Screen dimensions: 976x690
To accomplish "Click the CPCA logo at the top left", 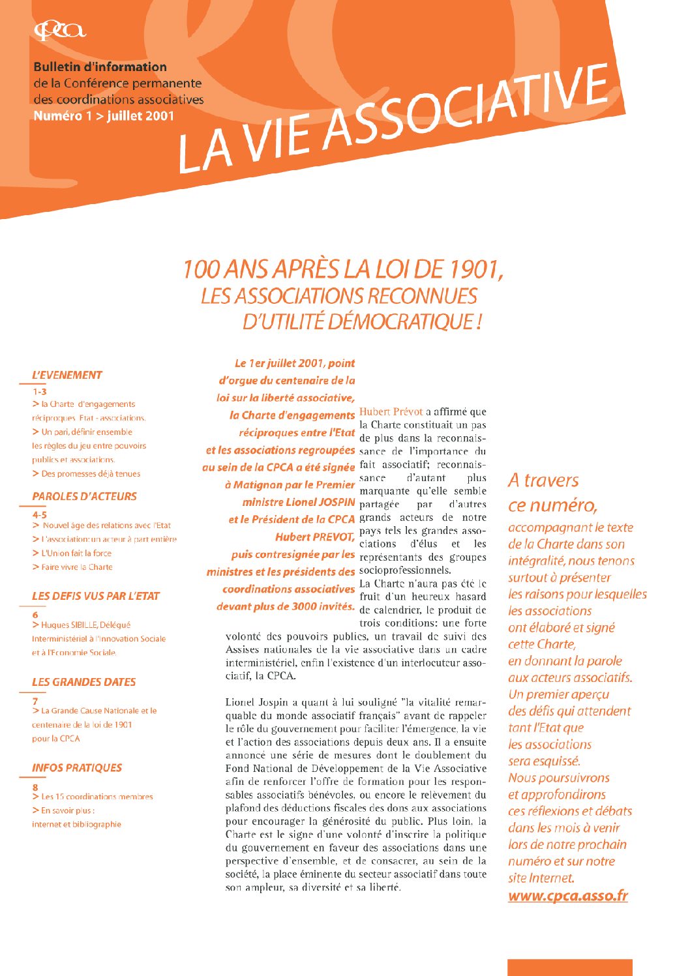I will click(59, 31).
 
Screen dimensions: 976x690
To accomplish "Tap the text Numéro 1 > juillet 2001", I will click(104, 116).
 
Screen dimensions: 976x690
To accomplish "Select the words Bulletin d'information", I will click(100, 67).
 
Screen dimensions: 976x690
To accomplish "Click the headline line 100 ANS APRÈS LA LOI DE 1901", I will click(342, 269).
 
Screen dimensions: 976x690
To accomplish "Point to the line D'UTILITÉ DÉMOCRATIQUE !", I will click(362, 321).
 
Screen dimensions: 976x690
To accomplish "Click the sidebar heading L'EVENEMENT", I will click(67, 375).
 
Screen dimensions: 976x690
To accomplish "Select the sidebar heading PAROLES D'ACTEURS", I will click(84, 496).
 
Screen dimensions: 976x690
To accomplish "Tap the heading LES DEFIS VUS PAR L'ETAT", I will click(95, 596).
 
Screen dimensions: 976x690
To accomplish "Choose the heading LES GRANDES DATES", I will click(83, 682).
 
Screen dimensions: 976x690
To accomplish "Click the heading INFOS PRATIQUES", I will click(77, 768).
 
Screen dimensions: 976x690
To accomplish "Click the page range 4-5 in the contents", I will click(39, 514).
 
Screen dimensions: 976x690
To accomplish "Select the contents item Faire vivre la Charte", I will click(76, 567).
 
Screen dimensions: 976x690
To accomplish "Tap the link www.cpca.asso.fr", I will click(567, 896).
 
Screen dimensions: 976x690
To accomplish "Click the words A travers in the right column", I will click(543, 481).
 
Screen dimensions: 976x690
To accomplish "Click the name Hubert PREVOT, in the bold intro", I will click(314, 537).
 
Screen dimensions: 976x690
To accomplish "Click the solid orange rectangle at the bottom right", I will click(569, 967).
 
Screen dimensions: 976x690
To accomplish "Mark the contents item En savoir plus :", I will click(67, 810).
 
